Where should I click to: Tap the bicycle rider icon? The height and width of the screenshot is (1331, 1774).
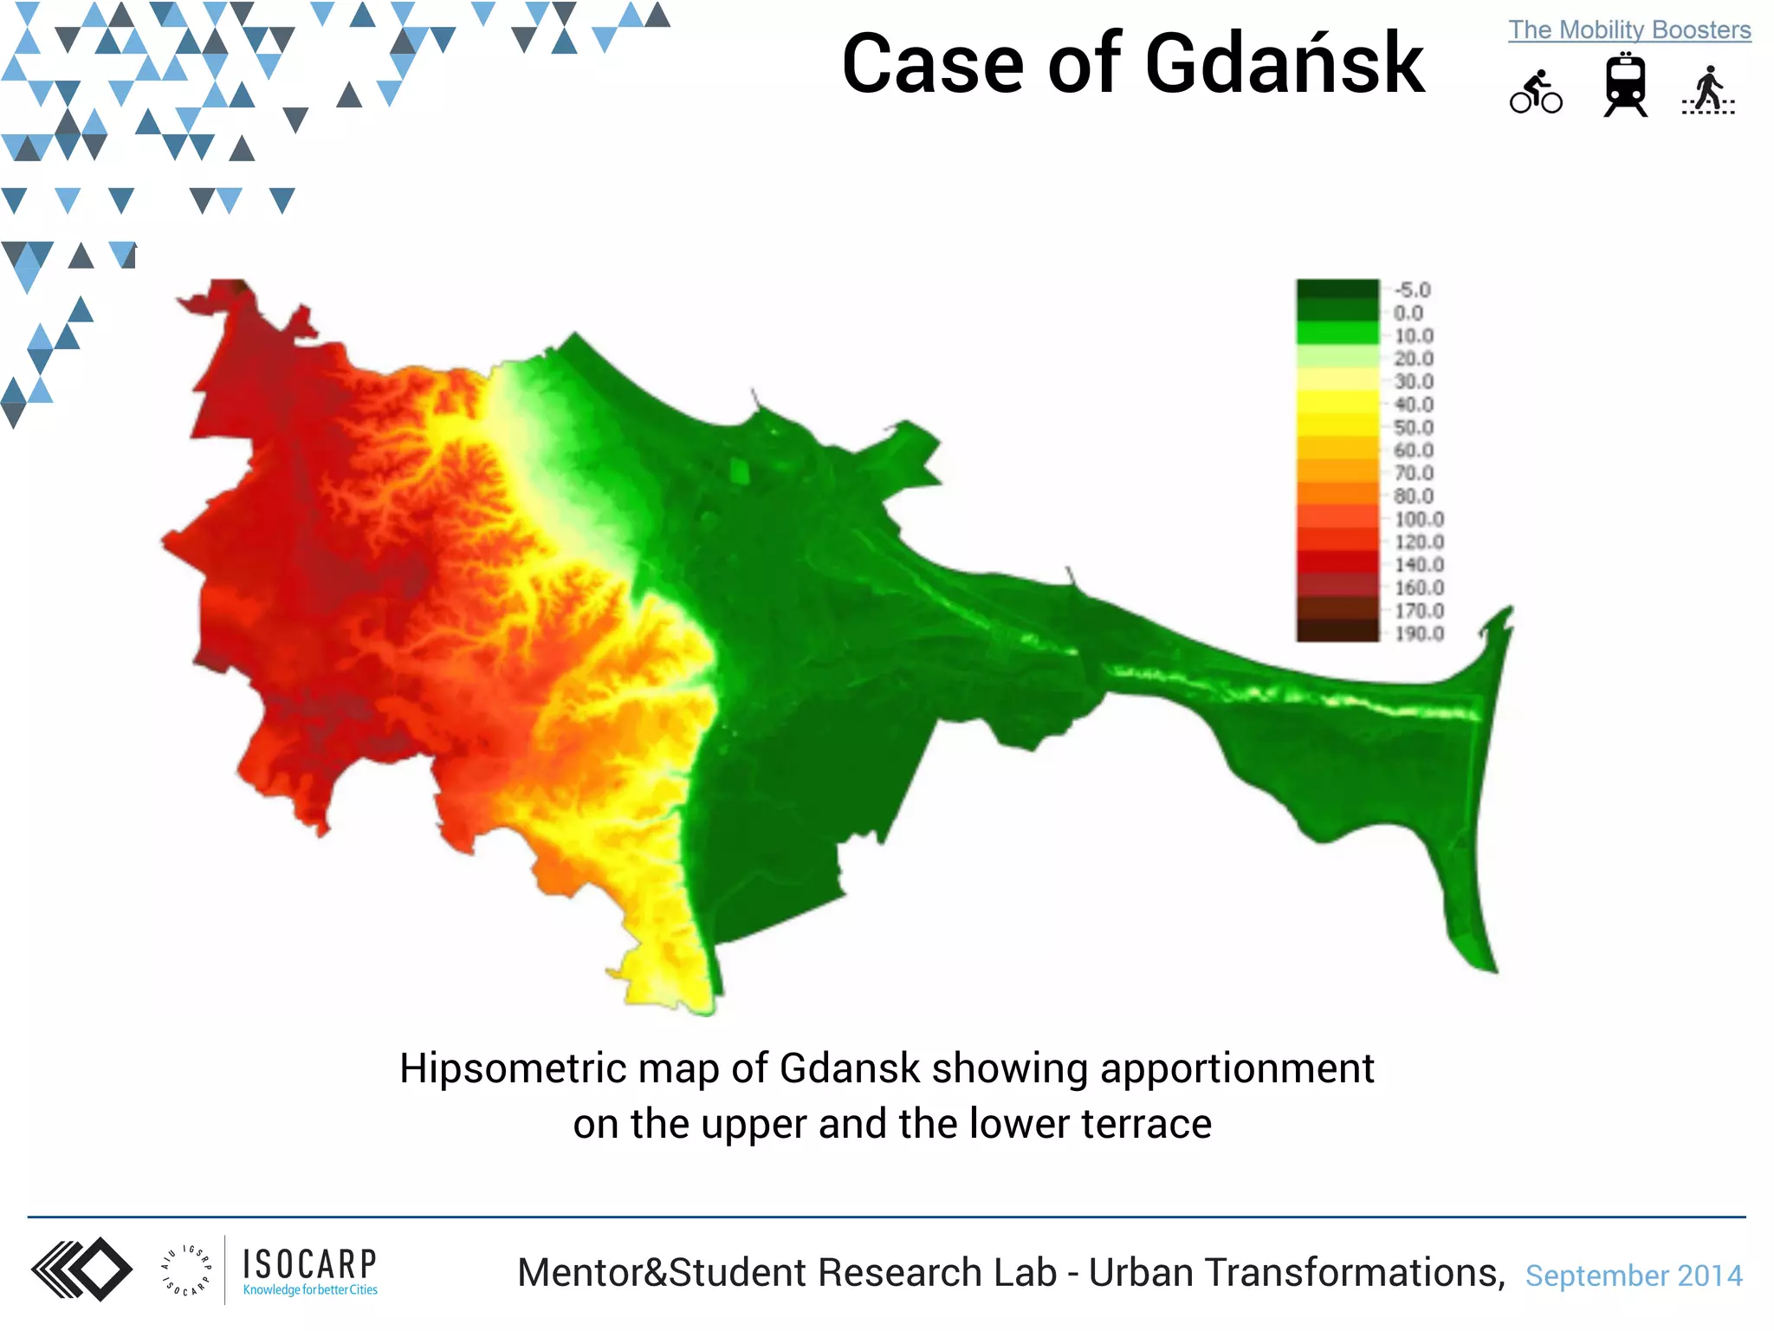(1536, 92)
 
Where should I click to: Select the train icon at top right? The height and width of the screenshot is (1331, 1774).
(1625, 85)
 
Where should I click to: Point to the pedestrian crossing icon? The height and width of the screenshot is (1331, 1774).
(1708, 91)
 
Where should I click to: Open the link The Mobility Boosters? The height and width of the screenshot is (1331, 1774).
(1629, 29)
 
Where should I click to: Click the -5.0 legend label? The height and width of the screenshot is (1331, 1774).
(1411, 290)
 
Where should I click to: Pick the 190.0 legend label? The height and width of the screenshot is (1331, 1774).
(1418, 633)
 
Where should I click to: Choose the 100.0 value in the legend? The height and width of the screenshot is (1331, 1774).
(1418, 519)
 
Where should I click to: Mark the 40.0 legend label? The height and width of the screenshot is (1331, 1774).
(1413, 405)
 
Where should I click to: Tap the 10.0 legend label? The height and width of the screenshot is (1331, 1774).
(1413, 336)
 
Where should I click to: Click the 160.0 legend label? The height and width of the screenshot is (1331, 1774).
(1418, 588)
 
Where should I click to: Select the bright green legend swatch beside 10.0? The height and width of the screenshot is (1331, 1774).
(1337, 334)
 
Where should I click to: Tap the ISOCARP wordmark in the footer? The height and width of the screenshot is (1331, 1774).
(309, 1264)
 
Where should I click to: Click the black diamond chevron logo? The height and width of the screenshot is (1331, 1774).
(82, 1269)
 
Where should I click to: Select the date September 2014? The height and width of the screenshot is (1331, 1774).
(1633, 1276)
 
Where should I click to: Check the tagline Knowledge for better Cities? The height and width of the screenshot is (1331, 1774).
(310, 1290)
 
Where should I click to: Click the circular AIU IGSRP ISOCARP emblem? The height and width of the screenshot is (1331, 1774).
(185, 1271)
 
